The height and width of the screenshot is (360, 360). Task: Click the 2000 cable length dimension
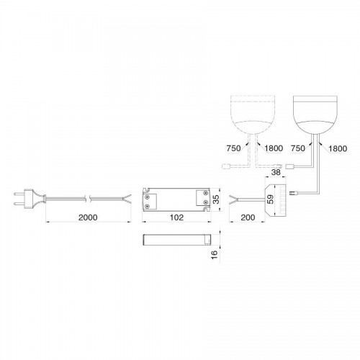coord(88,217)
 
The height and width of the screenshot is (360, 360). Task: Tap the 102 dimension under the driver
coord(176,217)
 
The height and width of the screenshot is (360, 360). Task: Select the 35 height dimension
coord(216,199)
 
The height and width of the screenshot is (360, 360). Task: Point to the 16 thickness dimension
coord(215,254)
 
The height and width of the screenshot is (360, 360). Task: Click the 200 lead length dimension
coord(248,217)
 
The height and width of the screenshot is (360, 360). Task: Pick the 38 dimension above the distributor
coord(276,172)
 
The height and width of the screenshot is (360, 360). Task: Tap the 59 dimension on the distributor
coord(271,199)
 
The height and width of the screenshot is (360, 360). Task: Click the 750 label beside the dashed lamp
coord(233,148)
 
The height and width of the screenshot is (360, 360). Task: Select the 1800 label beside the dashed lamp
coord(274,148)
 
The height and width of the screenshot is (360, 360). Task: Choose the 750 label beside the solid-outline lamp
coord(298,148)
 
